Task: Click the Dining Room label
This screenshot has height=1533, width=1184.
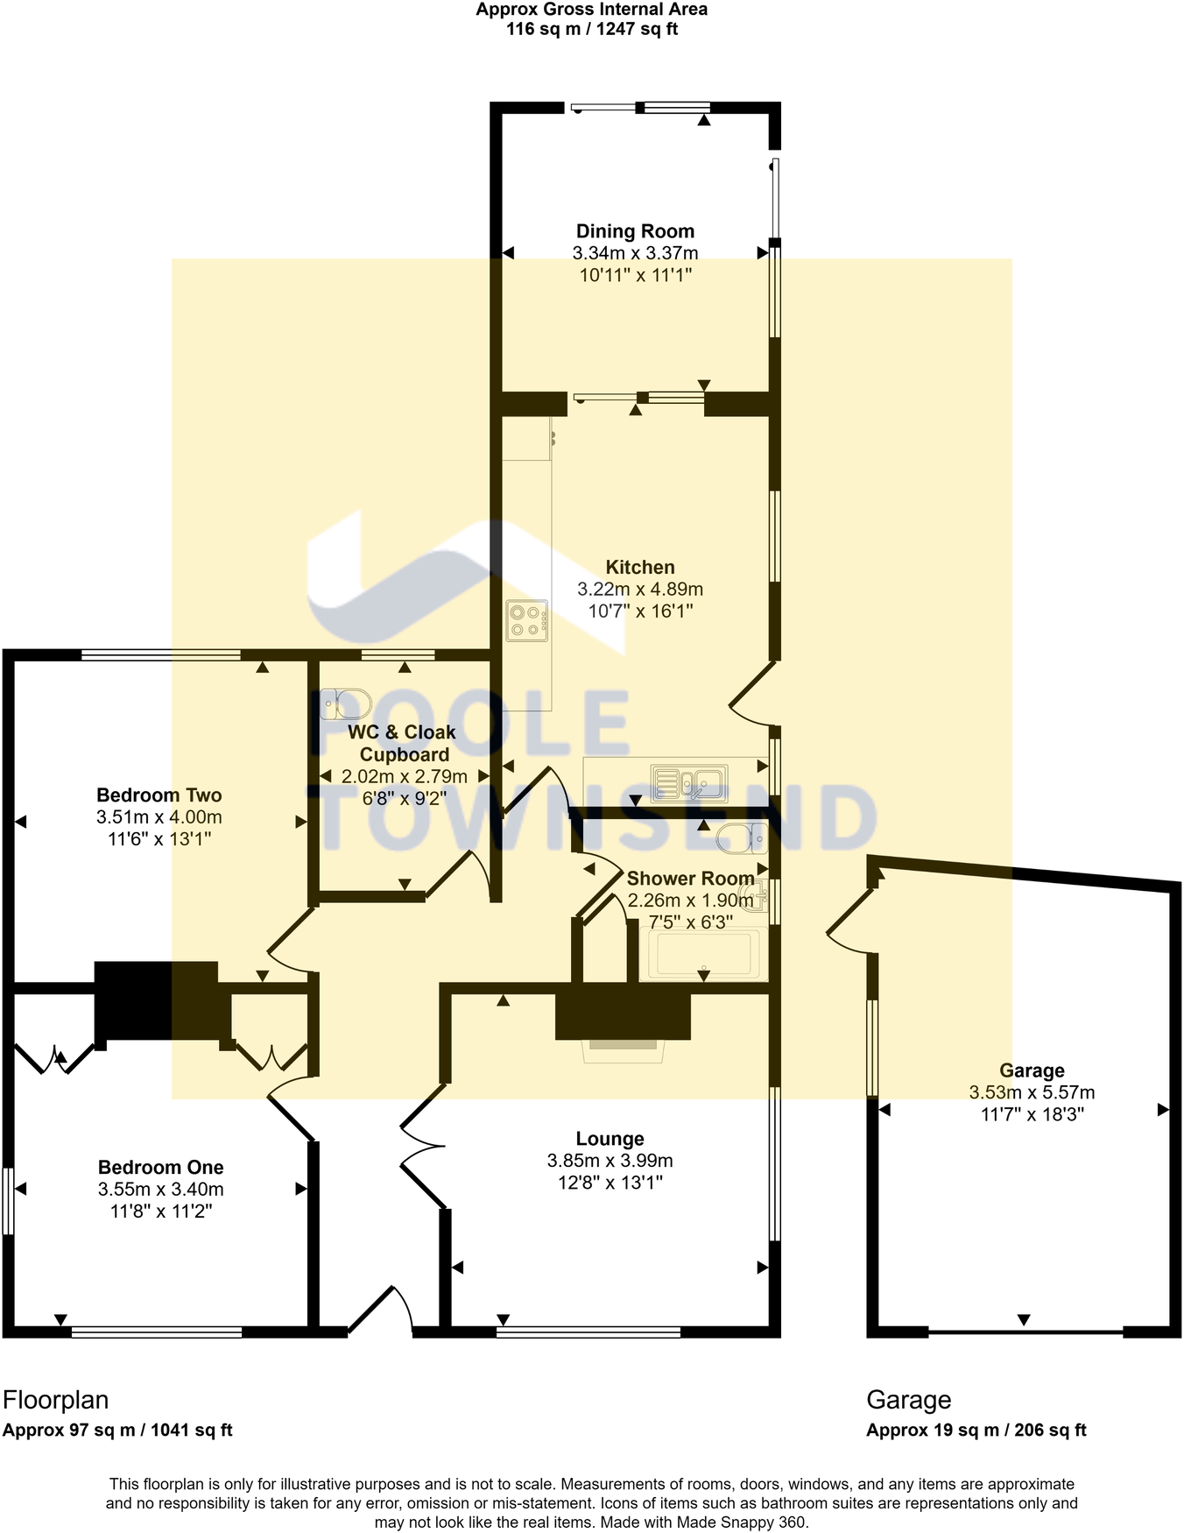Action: tap(635, 231)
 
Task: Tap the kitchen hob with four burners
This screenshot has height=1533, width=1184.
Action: tap(527, 620)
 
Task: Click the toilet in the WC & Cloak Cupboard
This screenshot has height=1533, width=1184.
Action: tap(347, 703)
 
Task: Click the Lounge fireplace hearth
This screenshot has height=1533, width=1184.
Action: tap(624, 1049)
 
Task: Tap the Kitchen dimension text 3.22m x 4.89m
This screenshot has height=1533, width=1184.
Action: tap(640, 590)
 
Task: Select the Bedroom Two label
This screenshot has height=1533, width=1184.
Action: tap(159, 795)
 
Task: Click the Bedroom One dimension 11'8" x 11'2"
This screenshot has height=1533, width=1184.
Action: tap(161, 1212)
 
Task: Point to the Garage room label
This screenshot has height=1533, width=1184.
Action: tap(1032, 1070)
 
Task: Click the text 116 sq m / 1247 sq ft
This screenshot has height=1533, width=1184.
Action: tap(592, 29)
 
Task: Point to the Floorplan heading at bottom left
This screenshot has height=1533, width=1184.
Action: tap(56, 1400)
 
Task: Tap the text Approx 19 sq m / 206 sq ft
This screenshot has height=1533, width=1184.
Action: tap(976, 1431)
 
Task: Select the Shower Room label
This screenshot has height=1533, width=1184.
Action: tap(690, 879)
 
